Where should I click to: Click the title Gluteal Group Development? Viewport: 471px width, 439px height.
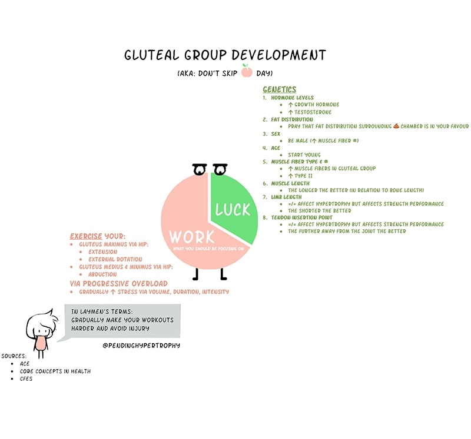[224, 55]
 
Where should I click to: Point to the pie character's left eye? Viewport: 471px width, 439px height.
[198, 170]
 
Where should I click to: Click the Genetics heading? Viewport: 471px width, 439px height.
[279, 89]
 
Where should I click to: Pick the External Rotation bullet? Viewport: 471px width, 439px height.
[115, 259]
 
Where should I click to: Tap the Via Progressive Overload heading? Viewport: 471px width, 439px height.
[119, 283]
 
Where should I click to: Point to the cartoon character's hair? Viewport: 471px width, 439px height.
[44, 320]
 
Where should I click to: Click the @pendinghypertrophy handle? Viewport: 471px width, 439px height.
[141, 345]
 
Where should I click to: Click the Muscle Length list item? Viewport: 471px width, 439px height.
[290, 183]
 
